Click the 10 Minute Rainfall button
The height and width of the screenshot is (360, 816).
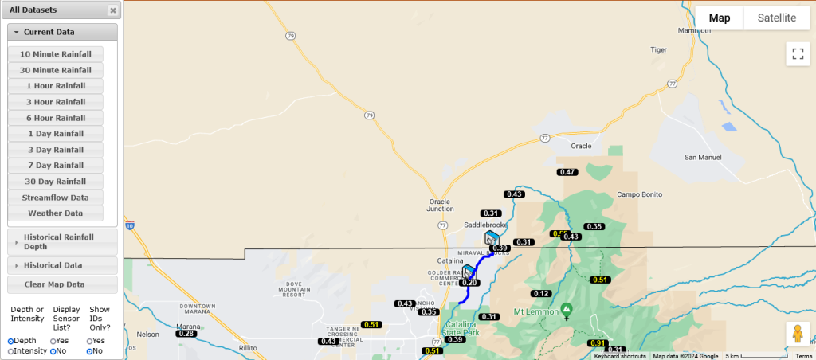pos(56,54)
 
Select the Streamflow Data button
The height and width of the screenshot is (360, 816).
pos(56,198)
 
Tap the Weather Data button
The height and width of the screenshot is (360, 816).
pos(56,213)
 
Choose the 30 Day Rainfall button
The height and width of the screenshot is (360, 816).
pos(56,182)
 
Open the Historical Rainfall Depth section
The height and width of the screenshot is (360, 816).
pos(62,241)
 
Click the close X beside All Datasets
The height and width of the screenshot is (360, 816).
pos(113,10)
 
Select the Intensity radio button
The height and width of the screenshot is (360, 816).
pos(11,351)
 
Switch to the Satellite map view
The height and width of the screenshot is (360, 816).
pos(776,18)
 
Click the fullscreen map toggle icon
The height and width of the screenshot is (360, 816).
pos(797,54)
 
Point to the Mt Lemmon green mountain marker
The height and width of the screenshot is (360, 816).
pos(567,309)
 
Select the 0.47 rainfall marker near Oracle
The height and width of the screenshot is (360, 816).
pos(567,172)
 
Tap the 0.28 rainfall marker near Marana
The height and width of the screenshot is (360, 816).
pos(186,334)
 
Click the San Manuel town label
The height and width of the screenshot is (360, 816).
pos(703,158)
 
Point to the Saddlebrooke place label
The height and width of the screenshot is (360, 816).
pos(485,225)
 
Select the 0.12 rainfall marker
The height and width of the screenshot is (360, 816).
pos(541,294)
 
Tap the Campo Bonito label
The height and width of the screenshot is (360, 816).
pos(640,194)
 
